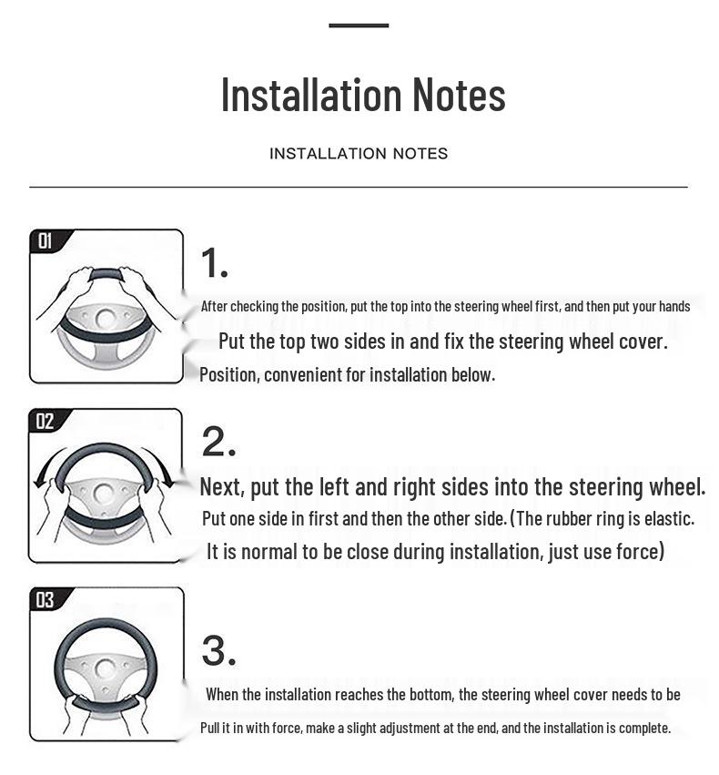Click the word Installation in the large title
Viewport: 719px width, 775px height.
tap(310, 95)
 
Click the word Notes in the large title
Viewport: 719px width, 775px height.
tap(459, 95)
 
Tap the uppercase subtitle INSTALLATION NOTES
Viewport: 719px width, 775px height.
tap(359, 154)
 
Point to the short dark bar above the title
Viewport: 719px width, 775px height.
tap(359, 25)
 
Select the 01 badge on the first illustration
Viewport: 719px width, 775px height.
tap(46, 241)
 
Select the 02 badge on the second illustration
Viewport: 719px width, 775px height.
tap(45, 421)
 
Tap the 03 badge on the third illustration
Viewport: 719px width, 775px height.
tap(46, 600)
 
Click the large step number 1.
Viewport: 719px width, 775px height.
tap(214, 263)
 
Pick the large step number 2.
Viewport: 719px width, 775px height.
tap(218, 442)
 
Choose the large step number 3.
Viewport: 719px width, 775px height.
tap(218, 650)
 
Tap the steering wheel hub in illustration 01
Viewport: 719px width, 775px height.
tap(106, 320)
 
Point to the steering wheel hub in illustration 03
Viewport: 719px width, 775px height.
tap(105, 668)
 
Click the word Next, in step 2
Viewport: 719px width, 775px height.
tap(222, 487)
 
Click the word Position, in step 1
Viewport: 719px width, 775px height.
tap(229, 375)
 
